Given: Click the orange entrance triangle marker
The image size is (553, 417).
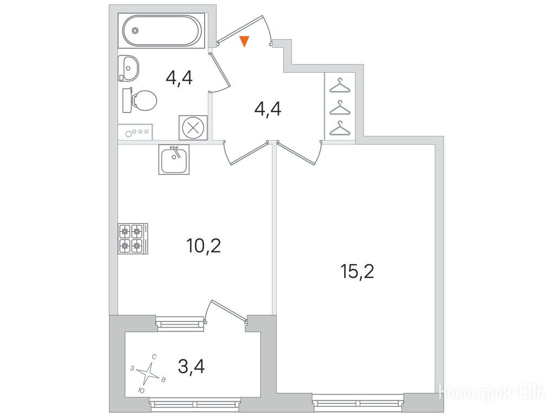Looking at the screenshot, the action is point(244,41).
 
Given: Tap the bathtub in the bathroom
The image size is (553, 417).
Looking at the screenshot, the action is point(161,30).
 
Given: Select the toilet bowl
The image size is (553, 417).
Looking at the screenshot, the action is point(139,100).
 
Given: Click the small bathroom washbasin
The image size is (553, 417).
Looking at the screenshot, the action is point(129,68).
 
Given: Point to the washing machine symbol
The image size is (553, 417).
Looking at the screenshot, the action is point(193,128).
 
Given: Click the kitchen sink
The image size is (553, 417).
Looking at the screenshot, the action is point(174,160).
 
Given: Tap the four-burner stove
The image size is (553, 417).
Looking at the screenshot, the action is point(132,238).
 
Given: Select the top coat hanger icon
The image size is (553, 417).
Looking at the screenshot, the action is point(340,85).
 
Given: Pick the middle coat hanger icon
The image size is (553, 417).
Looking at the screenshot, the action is point(340,108).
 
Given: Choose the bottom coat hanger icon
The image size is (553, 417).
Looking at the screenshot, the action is point(340,128).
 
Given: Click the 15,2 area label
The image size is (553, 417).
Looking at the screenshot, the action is point(357,271).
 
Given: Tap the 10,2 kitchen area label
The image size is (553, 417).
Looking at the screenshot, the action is point(204,246).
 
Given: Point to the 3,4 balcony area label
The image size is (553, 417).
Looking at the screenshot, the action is point(192,367).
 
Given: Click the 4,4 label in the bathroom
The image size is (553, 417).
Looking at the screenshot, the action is point(179,78).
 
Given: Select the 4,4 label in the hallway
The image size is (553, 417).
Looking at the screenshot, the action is point(268,109).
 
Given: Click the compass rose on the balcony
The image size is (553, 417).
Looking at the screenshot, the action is point(148,374).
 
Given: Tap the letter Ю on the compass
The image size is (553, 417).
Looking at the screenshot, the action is point(141,390).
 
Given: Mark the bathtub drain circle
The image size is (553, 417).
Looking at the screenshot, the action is point(136,31).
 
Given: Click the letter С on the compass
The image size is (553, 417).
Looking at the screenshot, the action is point(154,357).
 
